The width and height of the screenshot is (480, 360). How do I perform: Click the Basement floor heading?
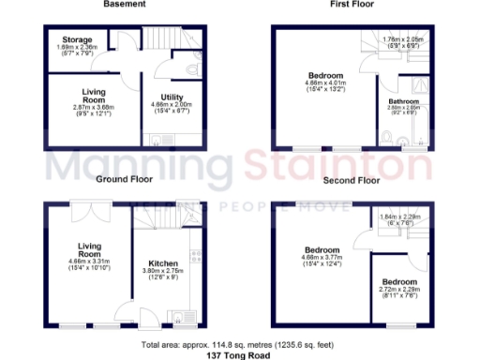pos(125,5)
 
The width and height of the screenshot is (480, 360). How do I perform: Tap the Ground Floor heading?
pos(124,178)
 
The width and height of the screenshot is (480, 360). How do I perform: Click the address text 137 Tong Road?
pos(240,355)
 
